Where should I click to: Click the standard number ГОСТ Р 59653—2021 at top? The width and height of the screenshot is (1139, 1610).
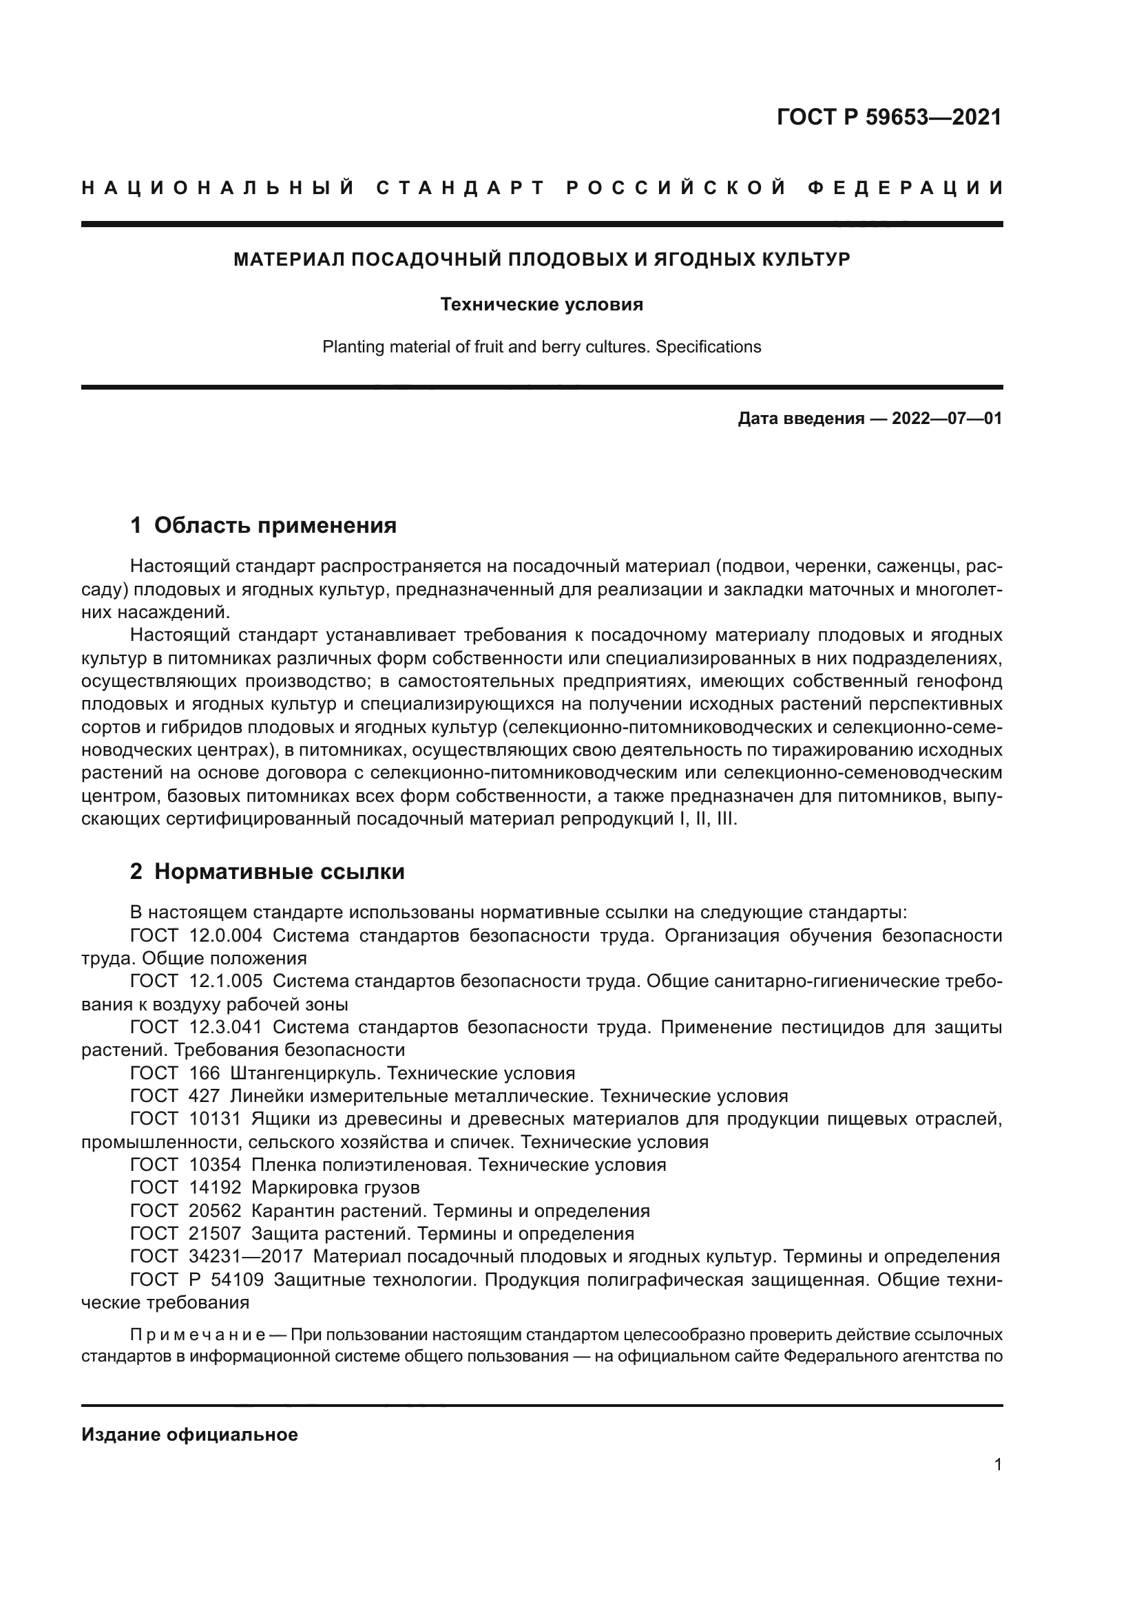[888, 117]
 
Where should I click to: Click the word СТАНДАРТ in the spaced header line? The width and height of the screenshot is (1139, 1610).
[460, 188]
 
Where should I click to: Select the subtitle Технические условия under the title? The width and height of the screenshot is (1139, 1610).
[541, 305]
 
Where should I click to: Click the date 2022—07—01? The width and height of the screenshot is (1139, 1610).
[947, 419]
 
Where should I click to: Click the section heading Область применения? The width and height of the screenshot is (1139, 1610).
[275, 525]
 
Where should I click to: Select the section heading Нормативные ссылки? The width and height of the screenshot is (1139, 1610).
[279, 871]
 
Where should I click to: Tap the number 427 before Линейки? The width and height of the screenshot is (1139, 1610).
[204, 1096]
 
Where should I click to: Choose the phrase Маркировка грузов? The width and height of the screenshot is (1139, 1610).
[335, 1188]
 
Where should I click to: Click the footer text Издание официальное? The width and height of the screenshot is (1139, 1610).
[189, 1434]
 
